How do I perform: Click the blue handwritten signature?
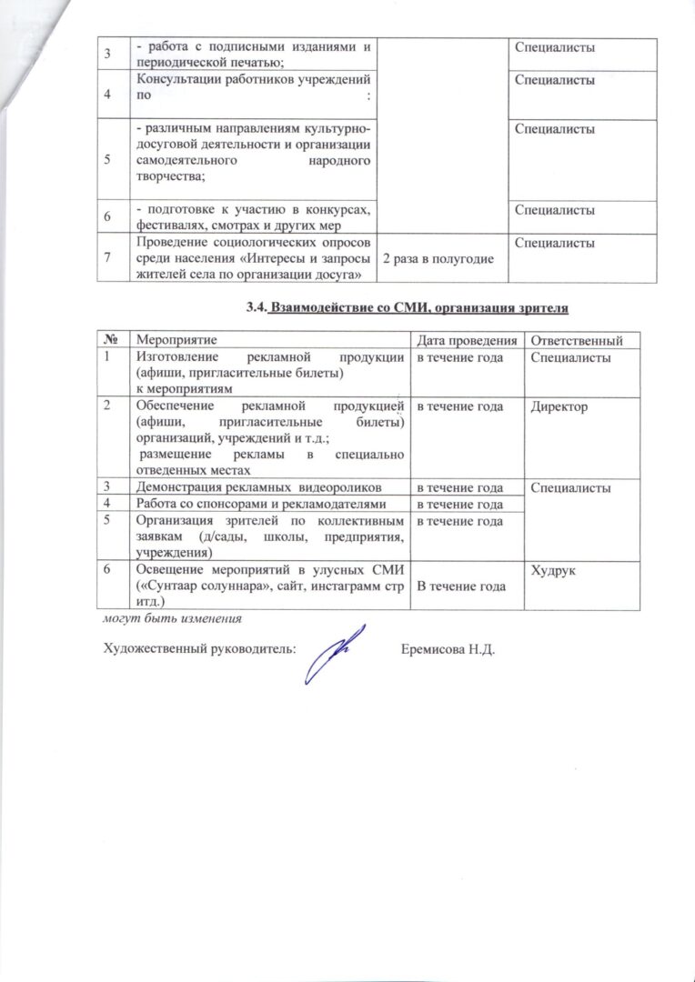(x=334, y=654)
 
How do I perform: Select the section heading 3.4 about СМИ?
(x=407, y=309)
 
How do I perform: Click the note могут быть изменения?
(x=173, y=618)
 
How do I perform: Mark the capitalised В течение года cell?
(x=461, y=587)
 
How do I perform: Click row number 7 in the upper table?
(x=108, y=258)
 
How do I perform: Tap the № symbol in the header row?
(x=108, y=340)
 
